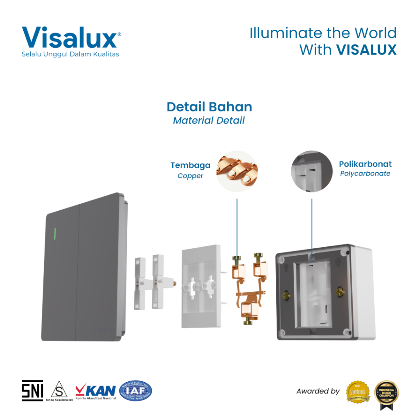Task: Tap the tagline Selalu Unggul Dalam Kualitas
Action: (70, 54)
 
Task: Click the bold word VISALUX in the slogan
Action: (366, 50)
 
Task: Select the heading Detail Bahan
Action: (209, 107)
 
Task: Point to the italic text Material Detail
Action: (209, 120)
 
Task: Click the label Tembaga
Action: (190, 165)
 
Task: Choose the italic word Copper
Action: (190, 176)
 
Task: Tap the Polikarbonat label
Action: (365, 164)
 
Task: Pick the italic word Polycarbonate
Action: (365, 173)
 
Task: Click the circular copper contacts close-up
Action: (237, 171)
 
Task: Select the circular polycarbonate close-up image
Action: (311, 171)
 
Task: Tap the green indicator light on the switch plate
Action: (54, 234)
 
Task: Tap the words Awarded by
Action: (318, 391)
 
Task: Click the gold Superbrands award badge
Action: (358, 391)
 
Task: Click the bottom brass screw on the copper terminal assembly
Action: (248, 322)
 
